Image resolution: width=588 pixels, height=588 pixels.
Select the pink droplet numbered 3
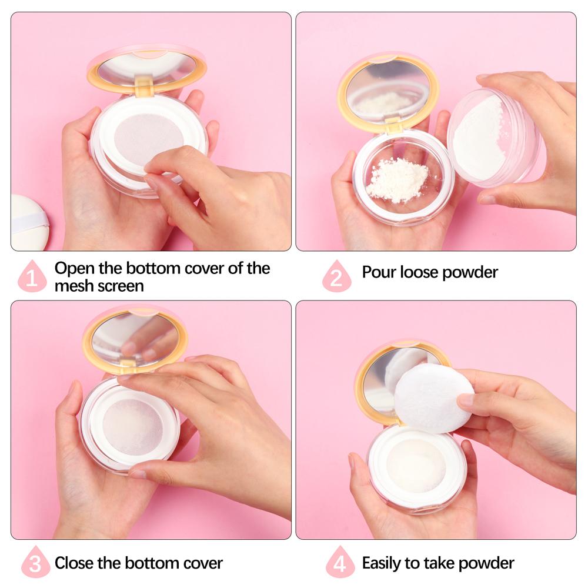coord(35,563)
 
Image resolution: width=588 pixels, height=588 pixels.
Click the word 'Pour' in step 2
coord(377,272)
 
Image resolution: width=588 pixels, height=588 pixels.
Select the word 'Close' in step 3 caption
coord(75,563)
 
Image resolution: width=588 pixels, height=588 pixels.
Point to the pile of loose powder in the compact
coord(397,179)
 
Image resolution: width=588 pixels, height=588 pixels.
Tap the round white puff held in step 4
coord(433,398)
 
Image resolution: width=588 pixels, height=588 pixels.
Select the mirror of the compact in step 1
coord(147,67)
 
